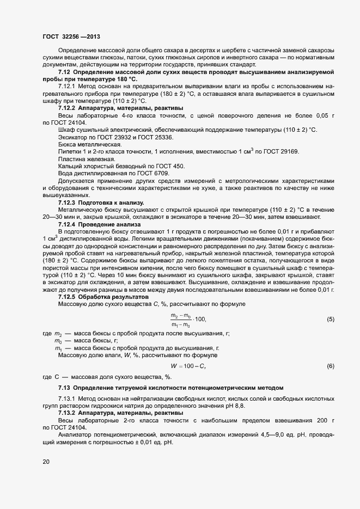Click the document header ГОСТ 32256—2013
click(71, 36)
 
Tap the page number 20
click(46, 462)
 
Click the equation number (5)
click(331, 319)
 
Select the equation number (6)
click(331, 366)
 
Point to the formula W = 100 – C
click(188, 366)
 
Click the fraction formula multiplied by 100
click(188, 320)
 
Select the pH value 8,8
click(238, 406)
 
